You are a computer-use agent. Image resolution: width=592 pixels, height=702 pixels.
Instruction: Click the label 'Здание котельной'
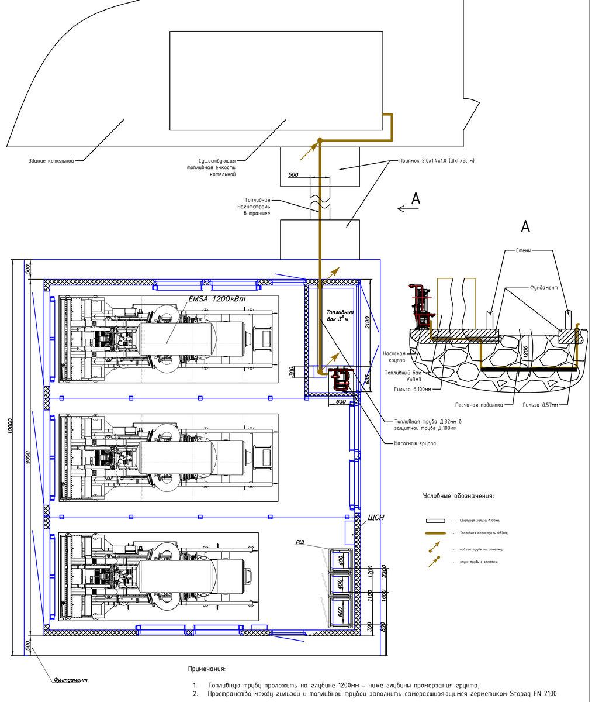click(51, 161)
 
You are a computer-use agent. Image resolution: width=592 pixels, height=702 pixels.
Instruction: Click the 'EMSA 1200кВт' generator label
click(217, 299)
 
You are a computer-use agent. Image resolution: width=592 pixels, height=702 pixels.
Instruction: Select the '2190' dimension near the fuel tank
click(367, 322)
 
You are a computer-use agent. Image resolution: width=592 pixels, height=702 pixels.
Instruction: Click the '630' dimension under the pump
click(342, 402)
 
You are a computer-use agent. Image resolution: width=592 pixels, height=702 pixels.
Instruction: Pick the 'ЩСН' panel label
click(375, 518)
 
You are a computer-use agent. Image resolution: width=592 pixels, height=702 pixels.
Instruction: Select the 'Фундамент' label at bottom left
click(70, 680)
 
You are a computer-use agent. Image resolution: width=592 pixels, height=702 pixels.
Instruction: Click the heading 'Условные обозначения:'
click(458, 496)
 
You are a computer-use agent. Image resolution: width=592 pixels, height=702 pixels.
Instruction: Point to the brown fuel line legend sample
click(435, 533)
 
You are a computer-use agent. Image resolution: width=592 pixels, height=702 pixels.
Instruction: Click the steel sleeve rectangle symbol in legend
click(435, 520)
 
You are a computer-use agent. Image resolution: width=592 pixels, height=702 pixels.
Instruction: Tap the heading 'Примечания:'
click(206, 669)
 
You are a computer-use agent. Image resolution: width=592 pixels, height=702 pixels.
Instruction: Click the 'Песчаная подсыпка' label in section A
click(479, 405)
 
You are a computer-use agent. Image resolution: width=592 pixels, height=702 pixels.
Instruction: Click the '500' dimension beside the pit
click(293, 174)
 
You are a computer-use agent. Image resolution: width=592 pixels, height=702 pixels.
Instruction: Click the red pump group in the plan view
click(338, 378)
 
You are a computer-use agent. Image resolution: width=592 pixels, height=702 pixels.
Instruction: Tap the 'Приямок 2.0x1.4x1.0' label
click(436, 160)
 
